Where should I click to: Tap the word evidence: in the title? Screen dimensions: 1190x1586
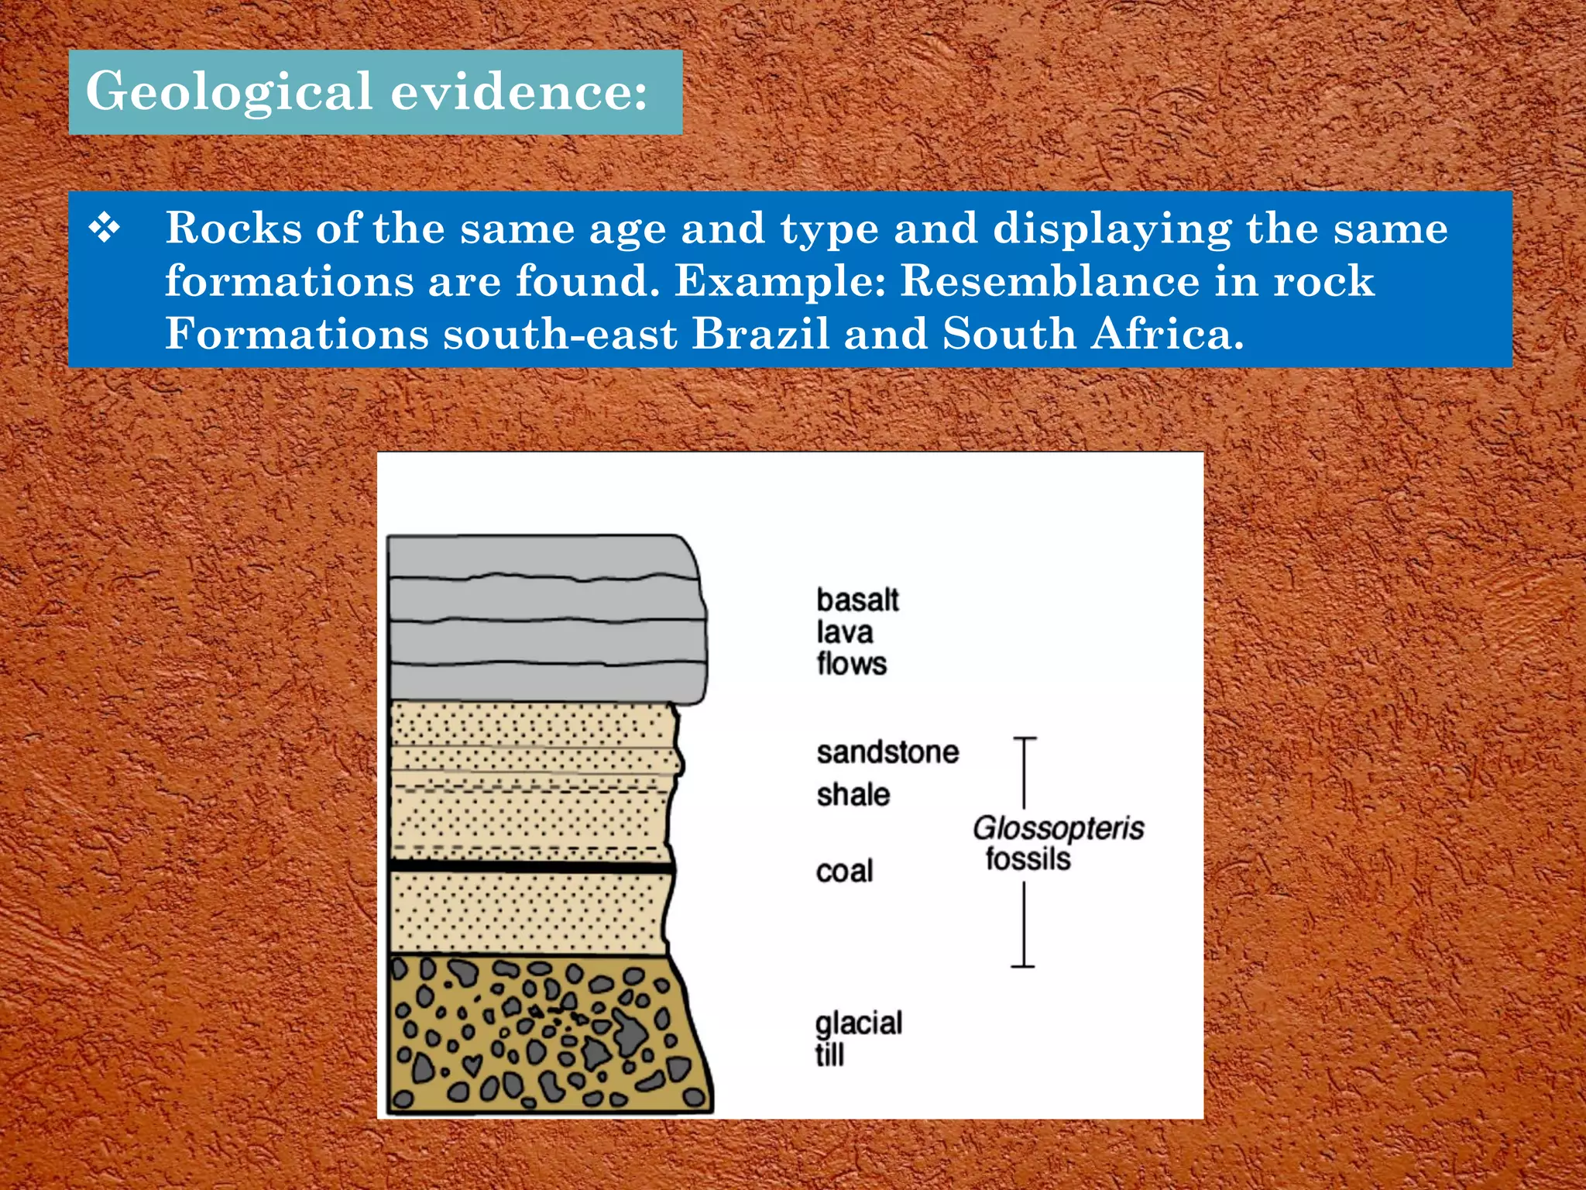[x=519, y=91]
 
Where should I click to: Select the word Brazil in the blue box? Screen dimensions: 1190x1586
[x=760, y=334]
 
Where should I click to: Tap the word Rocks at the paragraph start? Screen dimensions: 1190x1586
[x=233, y=229]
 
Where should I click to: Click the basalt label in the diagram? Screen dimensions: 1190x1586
[x=857, y=600]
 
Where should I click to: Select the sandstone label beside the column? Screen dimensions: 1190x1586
[x=887, y=752]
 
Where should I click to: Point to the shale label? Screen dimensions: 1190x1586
[x=853, y=795]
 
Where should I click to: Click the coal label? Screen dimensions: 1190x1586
[x=844, y=872]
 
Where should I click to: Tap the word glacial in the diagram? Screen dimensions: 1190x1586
[x=859, y=1024]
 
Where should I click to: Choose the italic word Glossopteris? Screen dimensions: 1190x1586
[x=1058, y=828]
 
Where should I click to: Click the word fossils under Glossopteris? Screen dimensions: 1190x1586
[x=1028, y=859]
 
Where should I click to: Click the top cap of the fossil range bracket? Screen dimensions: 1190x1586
[x=1025, y=739]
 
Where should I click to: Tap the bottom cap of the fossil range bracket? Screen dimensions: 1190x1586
[x=1023, y=966]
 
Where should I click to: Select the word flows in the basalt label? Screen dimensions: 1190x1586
[x=851, y=664]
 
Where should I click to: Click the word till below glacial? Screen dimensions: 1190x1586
[x=829, y=1055]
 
